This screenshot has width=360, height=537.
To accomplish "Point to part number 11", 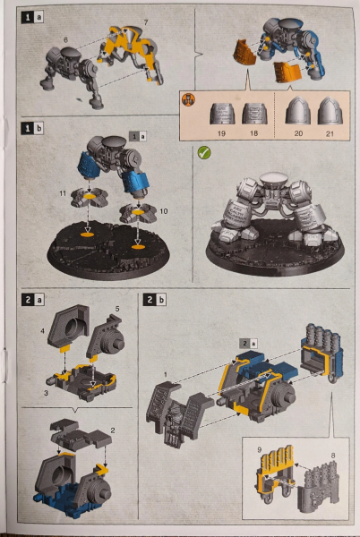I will [63, 192].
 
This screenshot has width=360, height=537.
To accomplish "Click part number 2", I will [113, 430].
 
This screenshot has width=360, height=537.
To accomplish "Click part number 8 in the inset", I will [333, 457].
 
